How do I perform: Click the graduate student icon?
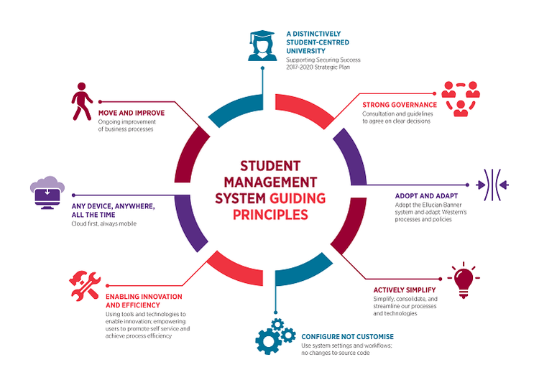(x=262, y=45)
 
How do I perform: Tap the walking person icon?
(x=82, y=102)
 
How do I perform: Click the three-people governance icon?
(x=460, y=98)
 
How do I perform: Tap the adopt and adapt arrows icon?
(x=496, y=185)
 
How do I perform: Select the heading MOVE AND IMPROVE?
(x=132, y=113)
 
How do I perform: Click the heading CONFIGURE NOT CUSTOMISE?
(x=347, y=336)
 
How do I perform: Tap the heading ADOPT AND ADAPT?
(x=428, y=195)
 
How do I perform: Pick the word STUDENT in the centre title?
(x=268, y=166)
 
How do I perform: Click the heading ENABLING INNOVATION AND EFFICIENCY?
(x=144, y=300)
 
